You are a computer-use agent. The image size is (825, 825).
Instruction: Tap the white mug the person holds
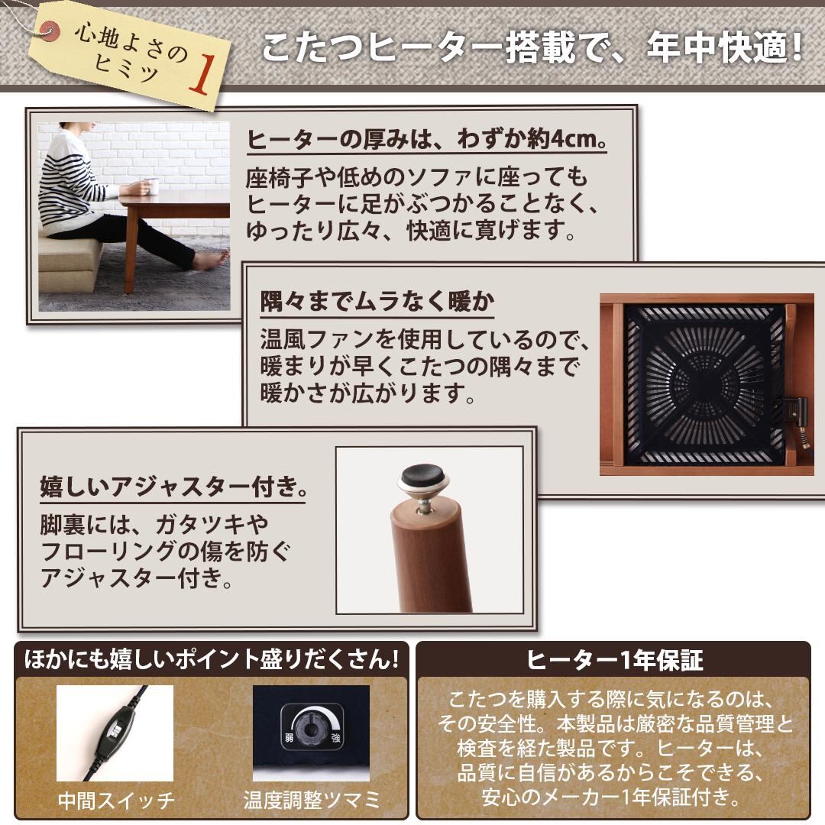151,186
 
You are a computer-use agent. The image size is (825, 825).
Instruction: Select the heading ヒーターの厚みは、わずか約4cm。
427,139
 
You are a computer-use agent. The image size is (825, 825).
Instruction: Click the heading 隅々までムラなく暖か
377,302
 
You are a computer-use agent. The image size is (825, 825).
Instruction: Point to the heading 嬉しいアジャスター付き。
173,486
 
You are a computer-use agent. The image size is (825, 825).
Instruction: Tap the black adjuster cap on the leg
422,476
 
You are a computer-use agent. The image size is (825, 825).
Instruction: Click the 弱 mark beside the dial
289,737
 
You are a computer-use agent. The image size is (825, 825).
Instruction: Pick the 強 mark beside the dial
335,738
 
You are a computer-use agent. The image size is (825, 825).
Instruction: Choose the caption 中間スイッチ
116,801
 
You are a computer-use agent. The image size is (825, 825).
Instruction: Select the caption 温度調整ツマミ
312,801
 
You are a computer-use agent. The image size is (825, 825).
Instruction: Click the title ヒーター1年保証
614,660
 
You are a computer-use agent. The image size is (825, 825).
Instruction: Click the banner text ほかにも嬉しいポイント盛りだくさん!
212,660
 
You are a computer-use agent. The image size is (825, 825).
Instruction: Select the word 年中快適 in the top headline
717,48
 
